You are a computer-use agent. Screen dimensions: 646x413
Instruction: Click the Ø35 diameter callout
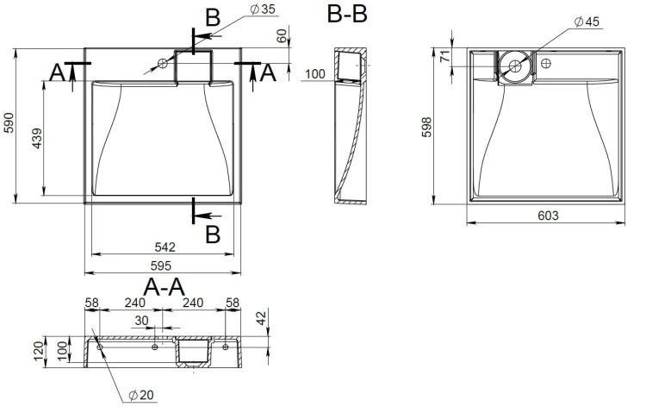(263, 9)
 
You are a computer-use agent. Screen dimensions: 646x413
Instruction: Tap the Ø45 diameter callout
(587, 22)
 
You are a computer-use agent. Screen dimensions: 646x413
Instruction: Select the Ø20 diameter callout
(141, 395)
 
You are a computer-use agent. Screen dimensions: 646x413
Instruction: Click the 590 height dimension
(9, 123)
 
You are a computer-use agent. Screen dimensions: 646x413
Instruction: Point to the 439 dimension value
(37, 138)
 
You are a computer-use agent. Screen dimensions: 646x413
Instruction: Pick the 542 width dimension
(165, 247)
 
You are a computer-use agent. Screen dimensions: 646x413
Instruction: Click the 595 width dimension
(160, 266)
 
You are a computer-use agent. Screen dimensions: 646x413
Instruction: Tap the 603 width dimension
(548, 216)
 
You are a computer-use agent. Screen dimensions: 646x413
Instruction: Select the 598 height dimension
(427, 127)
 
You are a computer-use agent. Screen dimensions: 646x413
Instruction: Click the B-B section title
(347, 13)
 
